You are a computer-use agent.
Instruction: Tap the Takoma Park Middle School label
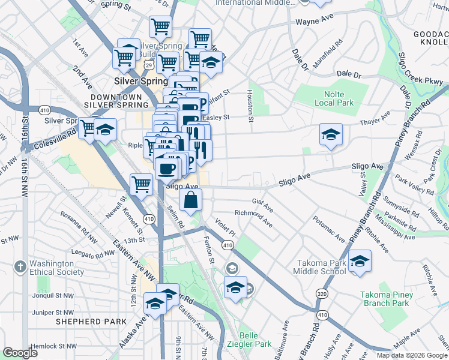click(320, 267)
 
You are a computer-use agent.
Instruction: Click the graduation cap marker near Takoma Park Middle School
click(360, 262)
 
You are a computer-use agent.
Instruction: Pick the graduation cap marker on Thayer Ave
click(331, 135)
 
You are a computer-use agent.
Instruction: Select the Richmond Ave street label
click(254, 218)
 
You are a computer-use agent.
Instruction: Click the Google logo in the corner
click(20, 353)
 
